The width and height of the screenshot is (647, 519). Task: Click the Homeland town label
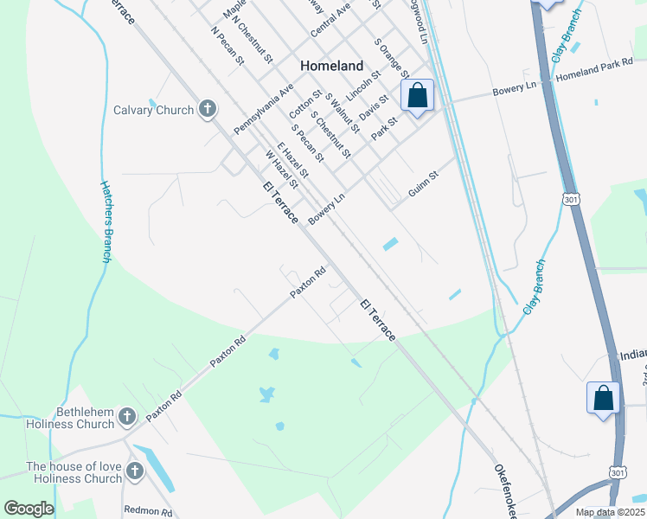(x=331, y=66)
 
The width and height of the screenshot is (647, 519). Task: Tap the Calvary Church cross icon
(x=207, y=109)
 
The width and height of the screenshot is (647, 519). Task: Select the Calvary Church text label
(x=153, y=110)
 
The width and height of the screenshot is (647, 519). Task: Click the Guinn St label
(x=423, y=188)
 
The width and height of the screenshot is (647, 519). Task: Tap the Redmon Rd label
(x=149, y=510)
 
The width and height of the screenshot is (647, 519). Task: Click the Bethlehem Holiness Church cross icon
(x=126, y=418)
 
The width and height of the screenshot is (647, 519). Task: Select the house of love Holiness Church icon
(x=134, y=471)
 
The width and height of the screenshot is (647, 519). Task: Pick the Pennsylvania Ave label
(x=269, y=103)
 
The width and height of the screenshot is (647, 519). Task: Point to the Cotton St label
(x=305, y=105)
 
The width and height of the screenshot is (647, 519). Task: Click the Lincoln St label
(x=362, y=85)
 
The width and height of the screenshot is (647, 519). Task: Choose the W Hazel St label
(x=282, y=170)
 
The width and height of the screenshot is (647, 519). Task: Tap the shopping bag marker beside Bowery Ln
(x=417, y=97)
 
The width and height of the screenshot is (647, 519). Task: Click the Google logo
(x=29, y=509)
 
